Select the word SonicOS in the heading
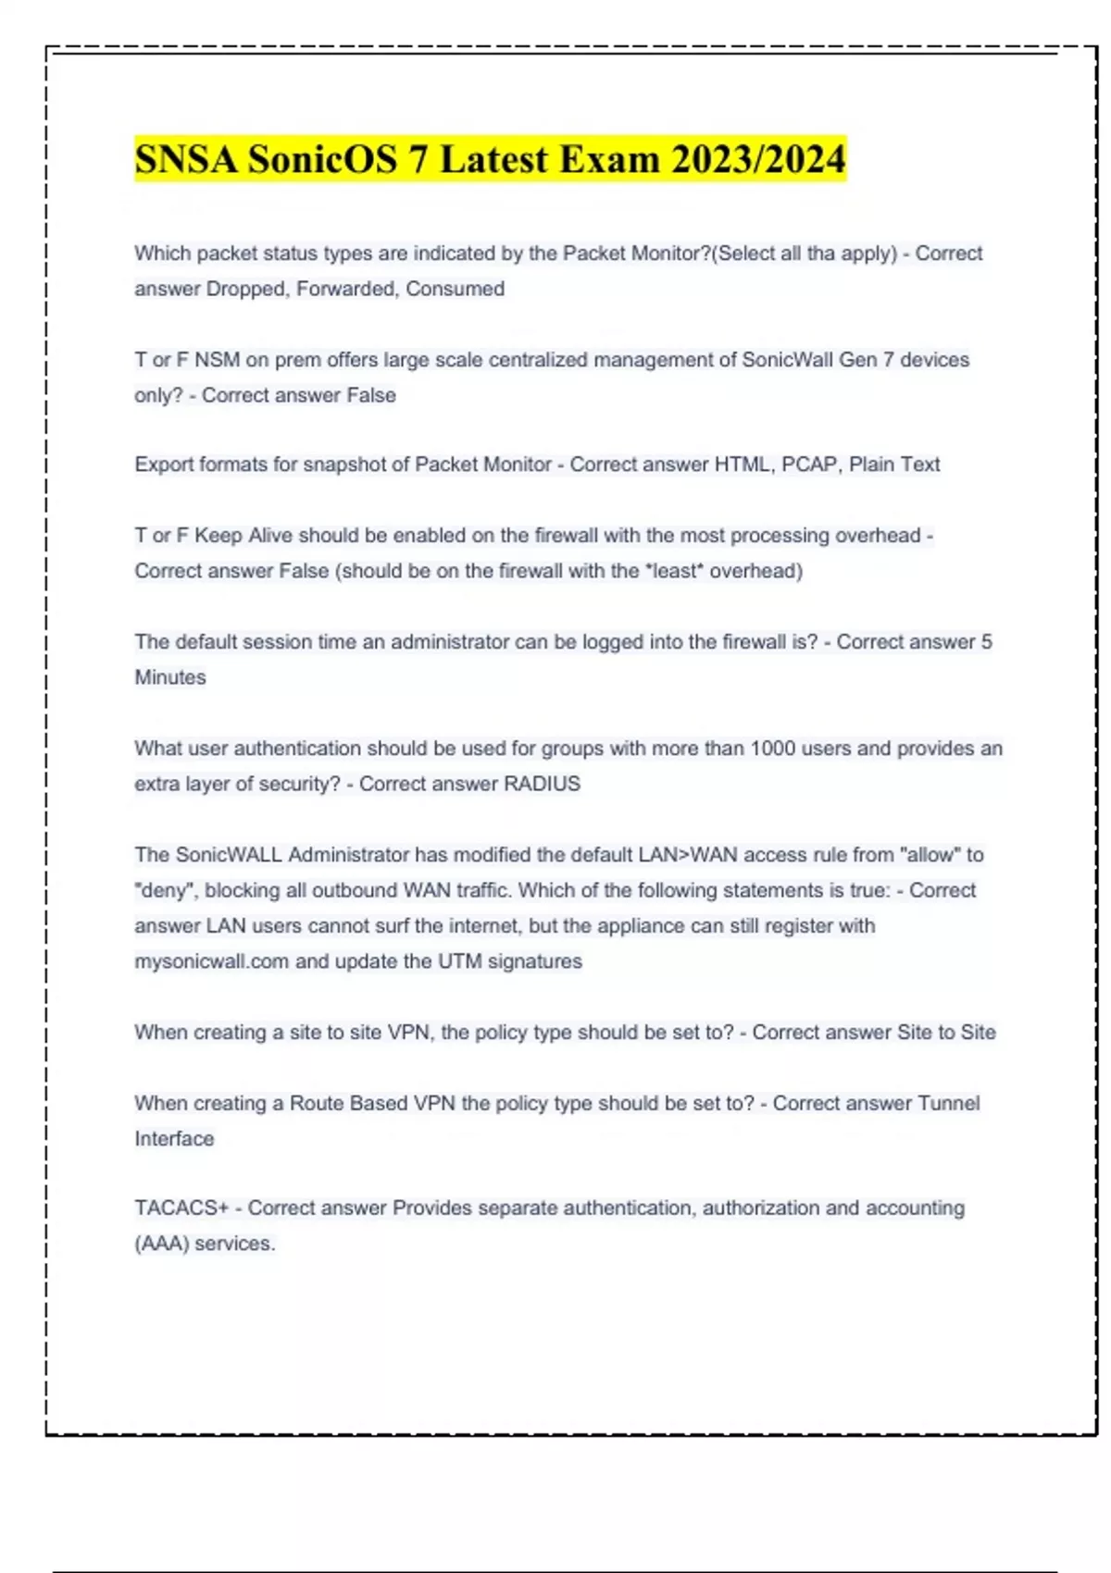point(322,159)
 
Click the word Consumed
point(455,289)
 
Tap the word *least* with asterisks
point(674,571)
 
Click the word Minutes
point(170,677)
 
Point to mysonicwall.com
point(211,961)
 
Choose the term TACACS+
point(181,1208)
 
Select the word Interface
point(174,1139)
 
